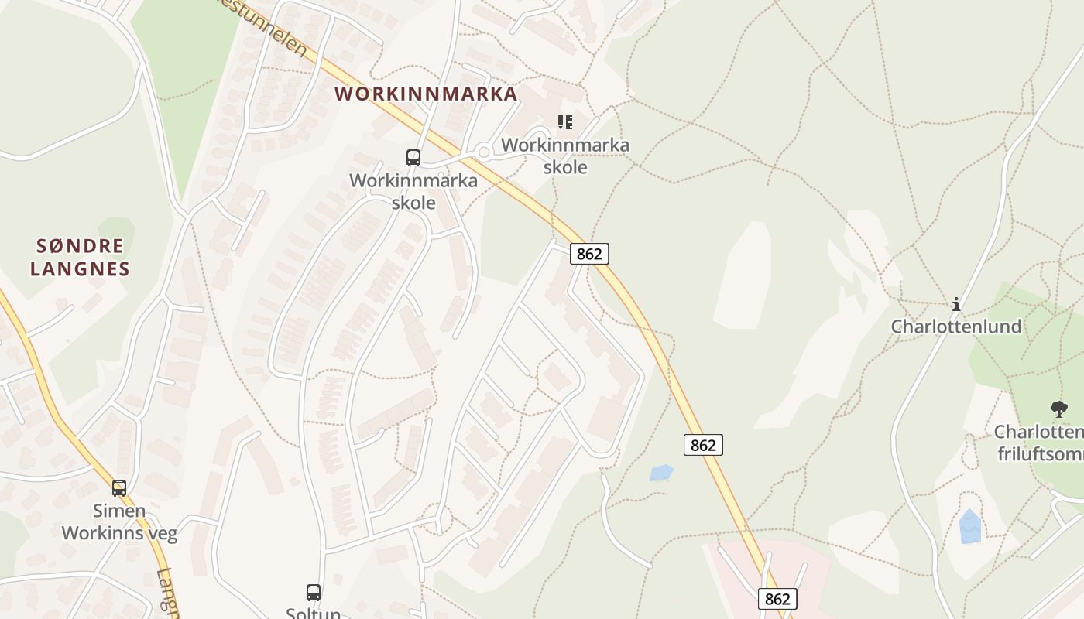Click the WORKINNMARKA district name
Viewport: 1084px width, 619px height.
pyautogui.click(x=425, y=94)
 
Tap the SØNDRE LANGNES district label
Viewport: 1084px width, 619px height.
pyautogui.click(x=80, y=258)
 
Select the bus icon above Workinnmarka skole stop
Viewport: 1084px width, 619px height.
pyautogui.click(x=413, y=158)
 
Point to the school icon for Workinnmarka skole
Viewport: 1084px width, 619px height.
pyautogui.click(x=565, y=122)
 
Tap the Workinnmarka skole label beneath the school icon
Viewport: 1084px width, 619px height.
pyautogui.click(x=565, y=156)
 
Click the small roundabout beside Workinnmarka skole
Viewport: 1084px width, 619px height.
pyautogui.click(x=484, y=152)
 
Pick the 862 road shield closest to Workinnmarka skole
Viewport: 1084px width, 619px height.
pyautogui.click(x=589, y=254)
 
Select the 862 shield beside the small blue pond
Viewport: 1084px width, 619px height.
pyautogui.click(x=703, y=445)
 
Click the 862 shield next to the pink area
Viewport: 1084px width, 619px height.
pyautogui.click(x=777, y=599)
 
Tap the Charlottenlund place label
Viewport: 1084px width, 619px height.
pyautogui.click(x=956, y=327)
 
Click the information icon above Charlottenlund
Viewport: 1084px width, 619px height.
pyautogui.click(x=956, y=304)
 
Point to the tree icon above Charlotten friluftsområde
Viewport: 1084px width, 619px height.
pyautogui.click(x=1058, y=409)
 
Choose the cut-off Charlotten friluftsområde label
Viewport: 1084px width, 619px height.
pyautogui.click(x=1038, y=443)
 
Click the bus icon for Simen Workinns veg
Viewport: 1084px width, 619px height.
pyautogui.click(x=119, y=488)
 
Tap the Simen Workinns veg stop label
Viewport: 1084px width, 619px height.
pyautogui.click(x=119, y=522)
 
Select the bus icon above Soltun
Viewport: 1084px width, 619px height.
pyautogui.click(x=314, y=593)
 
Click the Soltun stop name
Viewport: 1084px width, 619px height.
pyautogui.click(x=314, y=613)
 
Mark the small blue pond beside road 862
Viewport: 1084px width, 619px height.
pyautogui.click(x=660, y=473)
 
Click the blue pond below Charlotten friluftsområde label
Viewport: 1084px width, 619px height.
pyautogui.click(x=970, y=527)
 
